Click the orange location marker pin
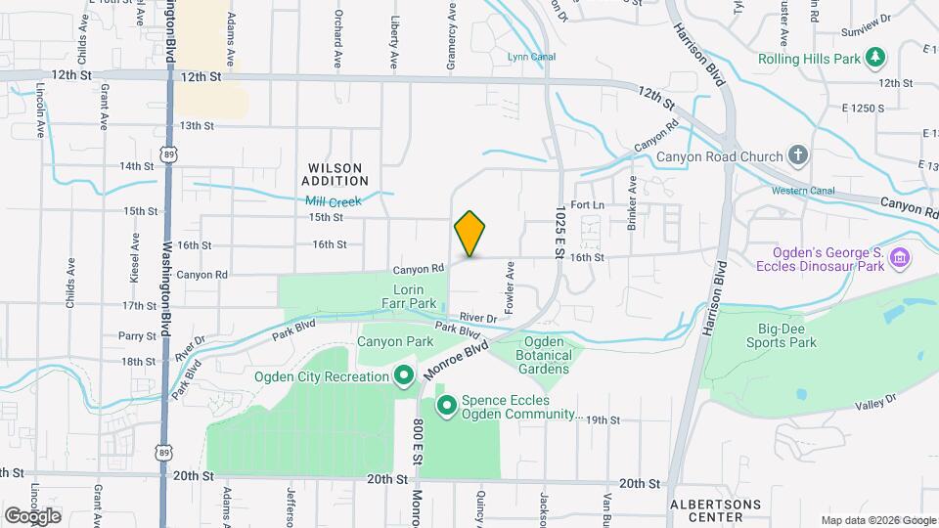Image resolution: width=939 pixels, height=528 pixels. coord(469,234)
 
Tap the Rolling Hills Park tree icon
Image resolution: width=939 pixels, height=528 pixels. coord(876,58)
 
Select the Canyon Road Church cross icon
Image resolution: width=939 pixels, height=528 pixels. coord(798,156)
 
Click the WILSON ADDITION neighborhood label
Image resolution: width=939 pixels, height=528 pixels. coord(335,175)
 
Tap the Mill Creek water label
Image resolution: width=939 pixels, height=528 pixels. coord(333,201)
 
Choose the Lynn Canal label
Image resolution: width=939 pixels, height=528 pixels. coord(531,57)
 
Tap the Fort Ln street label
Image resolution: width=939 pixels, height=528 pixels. coord(588,205)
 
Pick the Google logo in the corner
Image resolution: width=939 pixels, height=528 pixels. coord(32,515)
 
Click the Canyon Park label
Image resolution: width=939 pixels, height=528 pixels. coord(395,342)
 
